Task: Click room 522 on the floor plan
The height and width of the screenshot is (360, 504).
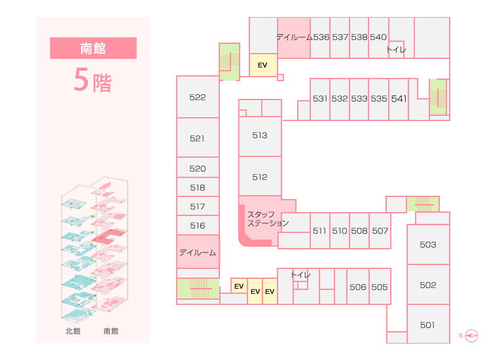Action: (198, 97)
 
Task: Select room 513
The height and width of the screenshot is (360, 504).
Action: (260, 136)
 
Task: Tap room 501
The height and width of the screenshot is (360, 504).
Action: (428, 324)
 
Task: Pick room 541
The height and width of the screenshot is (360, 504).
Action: (399, 99)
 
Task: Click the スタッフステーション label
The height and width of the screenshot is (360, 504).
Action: (268, 219)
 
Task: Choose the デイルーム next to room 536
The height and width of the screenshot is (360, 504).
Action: (294, 37)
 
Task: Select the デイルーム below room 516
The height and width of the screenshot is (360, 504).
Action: (198, 252)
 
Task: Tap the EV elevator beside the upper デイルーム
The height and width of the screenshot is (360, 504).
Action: (263, 65)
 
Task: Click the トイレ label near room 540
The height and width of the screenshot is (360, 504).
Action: (396, 50)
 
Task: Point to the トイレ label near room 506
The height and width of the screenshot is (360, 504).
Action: (300, 275)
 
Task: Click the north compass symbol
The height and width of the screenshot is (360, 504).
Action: (471, 336)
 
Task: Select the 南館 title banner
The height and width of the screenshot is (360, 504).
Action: (93, 48)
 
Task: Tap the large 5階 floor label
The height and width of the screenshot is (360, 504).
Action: (93, 80)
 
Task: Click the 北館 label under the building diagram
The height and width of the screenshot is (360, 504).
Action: (73, 331)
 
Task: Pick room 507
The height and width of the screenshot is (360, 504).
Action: (380, 231)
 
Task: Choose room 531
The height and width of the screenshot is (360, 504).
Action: (320, 99)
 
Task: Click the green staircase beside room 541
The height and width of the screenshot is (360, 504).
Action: (438, 97)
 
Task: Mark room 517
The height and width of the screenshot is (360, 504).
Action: (198, 206)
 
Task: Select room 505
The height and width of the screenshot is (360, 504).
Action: (380, 287)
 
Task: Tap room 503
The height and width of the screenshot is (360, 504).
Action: (428, 245)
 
